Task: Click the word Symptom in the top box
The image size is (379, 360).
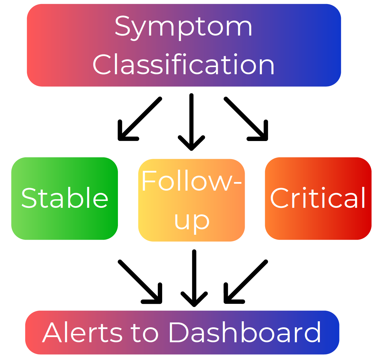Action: point(183,27)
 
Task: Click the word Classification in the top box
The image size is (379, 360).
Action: point(183,65)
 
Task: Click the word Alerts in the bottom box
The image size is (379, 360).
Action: point(79,332)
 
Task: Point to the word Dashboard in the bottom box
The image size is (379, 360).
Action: point(244,332)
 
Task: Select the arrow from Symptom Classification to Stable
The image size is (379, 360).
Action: point(140,119)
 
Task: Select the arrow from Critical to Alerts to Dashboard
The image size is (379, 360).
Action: point(246,282)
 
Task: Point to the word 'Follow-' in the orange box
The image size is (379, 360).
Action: point(191,181)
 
